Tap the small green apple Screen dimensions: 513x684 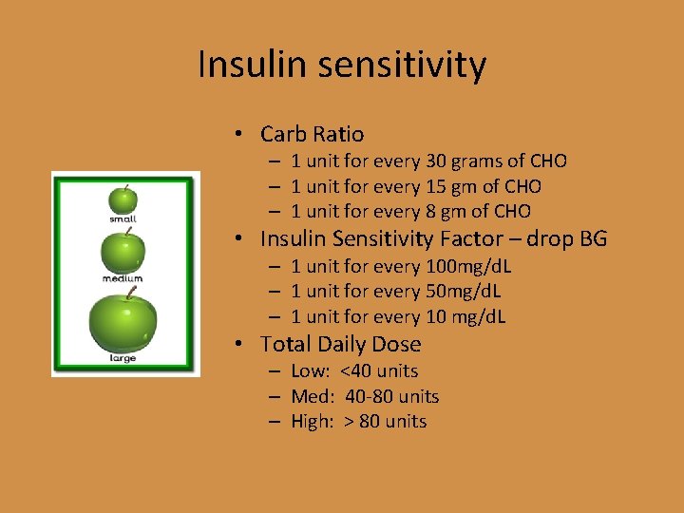[x=123, y=199]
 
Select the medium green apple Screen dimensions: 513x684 [x=123, y=252]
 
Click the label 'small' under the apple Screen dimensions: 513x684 [x=123, y=220]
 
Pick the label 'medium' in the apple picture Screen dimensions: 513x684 [x=123, y=279]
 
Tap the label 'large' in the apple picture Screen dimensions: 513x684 [x=123, y=358]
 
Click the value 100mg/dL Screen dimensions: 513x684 [x=470, y=266]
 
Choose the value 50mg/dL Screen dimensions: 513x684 [x=465, y=291]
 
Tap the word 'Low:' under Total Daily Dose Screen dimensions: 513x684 [x=313, y=371]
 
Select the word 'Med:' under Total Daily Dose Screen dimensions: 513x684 [x=313, y=396]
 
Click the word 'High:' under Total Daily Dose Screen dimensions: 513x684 [x=313, y=422]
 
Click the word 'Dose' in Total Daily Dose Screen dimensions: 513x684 [x=396, y=344]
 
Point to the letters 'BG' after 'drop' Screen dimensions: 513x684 [x=591, y=238]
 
